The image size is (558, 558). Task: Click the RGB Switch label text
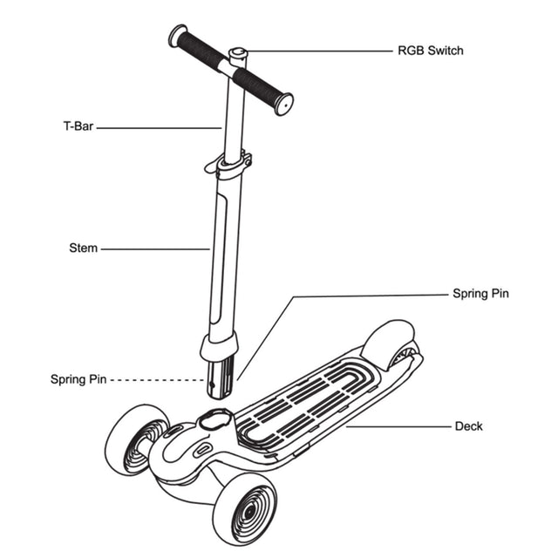click(430, 51)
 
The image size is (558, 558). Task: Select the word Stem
click(83, 248)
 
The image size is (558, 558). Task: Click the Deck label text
click(468, 426)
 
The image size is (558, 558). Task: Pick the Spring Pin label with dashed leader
click(78, 379)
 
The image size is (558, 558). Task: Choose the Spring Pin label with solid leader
click(480, 294)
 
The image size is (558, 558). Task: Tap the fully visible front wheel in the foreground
click(244, 509)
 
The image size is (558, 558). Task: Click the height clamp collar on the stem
click(234, 165)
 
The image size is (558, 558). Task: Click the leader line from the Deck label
click(397, 426)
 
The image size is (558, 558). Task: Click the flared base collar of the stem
click(220, 346)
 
